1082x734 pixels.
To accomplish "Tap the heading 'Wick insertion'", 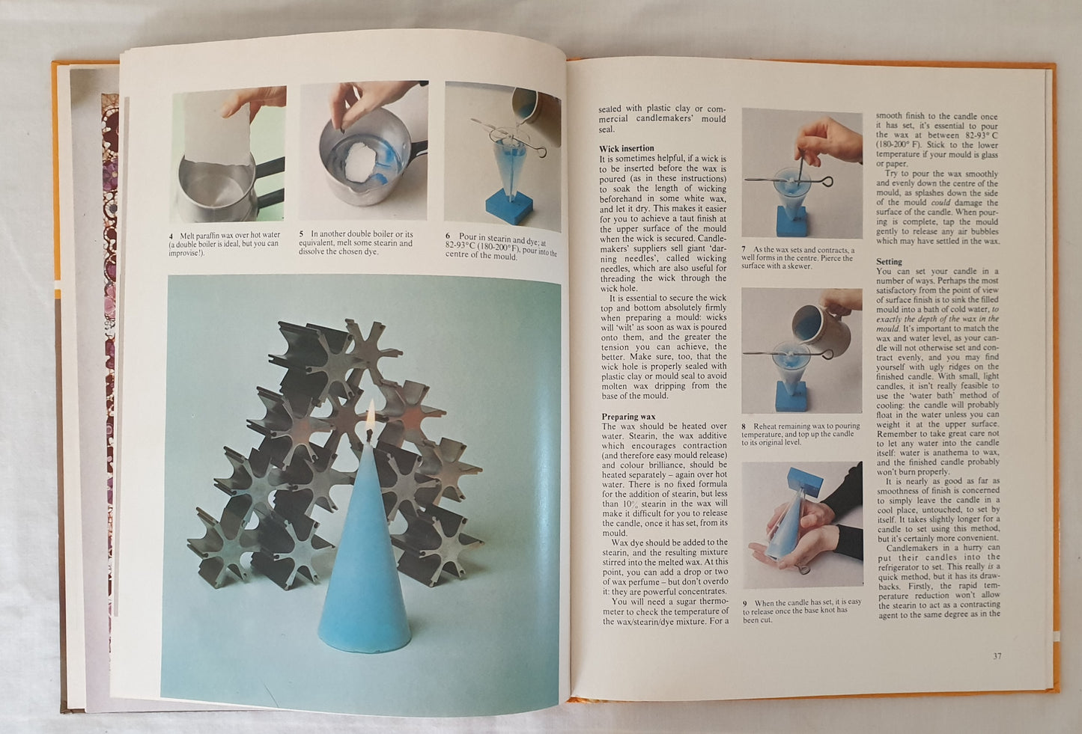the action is [627, 148].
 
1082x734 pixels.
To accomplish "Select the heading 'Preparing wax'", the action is [628, 417].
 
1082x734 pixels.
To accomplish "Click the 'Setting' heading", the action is [890, 262].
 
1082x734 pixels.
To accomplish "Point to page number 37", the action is [997, 656].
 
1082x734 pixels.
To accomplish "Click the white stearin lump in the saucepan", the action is [359, 162].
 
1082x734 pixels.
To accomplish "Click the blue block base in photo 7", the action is [791, 221].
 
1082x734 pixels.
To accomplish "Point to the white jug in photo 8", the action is [817, 322].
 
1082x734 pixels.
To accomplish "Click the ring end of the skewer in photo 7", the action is [827, 182].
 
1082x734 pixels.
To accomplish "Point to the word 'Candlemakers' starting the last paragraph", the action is [911, 548].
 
